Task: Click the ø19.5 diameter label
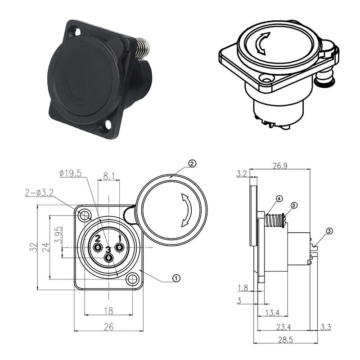[70, 174]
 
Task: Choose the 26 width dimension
[108, 327]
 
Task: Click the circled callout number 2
[192, 164]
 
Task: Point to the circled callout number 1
[176, 278]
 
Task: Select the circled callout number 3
[329, 231]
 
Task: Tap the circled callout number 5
[294, 205]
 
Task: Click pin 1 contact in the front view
[119, 247]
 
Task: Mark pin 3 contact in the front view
[108, 258]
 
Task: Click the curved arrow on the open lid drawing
[185, 210]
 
